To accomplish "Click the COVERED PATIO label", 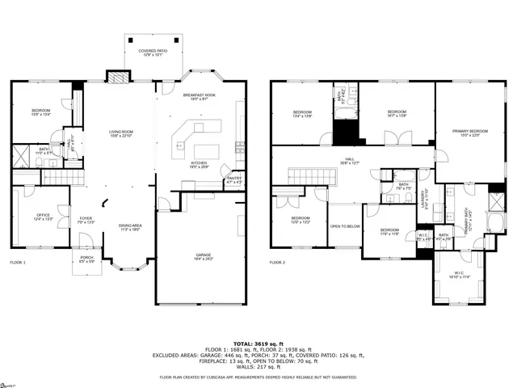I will pos(153,53).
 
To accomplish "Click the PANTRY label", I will pos(234,179).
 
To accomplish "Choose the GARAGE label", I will pos(203,256).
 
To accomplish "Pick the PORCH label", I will pos(86,259).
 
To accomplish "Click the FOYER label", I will pos(85,220).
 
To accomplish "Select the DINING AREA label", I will pos(131,227).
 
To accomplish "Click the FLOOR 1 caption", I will pos(18,263).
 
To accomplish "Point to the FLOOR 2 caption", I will pos(277,263).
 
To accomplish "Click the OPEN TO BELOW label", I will pos(344,226).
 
